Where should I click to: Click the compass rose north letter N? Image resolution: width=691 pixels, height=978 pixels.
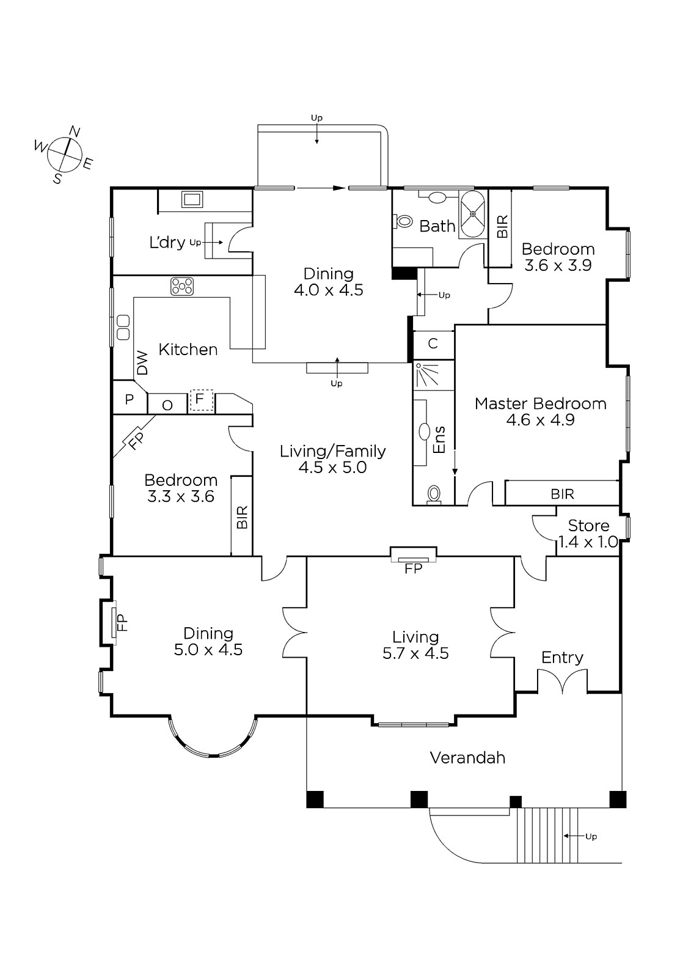tap(75, 131)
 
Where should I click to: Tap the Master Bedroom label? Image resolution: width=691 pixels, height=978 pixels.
tap(541, 404)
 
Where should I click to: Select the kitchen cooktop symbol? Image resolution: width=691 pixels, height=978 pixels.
tap(182, 287)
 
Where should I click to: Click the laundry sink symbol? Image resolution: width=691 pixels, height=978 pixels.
tap(192, 199)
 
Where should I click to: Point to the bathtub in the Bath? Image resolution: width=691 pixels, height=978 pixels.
tap(473, 215)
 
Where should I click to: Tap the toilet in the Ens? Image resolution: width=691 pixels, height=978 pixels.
tap(434, 495)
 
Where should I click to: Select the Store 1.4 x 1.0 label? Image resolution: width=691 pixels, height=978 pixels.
tap(588, 534)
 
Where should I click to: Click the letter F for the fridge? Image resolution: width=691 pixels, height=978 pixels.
tap(200, 399)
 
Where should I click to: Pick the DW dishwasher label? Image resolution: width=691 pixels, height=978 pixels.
tap(142, 363)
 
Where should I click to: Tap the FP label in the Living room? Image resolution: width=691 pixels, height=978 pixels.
tap(413, 568)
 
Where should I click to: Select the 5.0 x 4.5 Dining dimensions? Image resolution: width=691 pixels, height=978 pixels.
tap(208, 650)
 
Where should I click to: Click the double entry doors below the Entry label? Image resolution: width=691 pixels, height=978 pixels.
tap(562, 682)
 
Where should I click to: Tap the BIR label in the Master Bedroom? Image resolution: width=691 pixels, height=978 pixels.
tap(562, 495)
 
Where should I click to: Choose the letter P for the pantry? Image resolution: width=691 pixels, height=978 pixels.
tap(129, 399)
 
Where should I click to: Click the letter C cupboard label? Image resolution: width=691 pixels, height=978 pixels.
tap(433, 344)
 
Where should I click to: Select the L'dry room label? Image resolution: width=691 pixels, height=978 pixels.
tap(167, 243)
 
